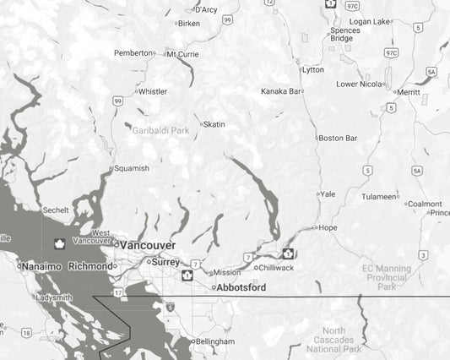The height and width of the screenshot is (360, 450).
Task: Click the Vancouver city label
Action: pos(148,245)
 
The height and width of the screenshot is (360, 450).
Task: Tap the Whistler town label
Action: pos(153,91)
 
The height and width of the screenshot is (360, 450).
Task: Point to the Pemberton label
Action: pos(133,53)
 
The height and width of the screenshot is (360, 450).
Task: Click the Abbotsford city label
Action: pos(241,288)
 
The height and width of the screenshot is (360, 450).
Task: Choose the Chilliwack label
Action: pos(275,268)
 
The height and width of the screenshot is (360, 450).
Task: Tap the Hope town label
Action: pos(328,227)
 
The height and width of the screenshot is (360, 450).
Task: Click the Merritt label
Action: pos(408,92)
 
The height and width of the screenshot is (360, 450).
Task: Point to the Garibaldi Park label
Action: pos(160,131)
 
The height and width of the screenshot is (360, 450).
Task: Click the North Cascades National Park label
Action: pos(333,340)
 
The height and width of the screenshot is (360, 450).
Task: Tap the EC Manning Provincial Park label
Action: pos(387,278)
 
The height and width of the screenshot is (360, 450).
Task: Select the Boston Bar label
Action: pos(338,138)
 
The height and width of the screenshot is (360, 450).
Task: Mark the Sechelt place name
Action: pos(56,210)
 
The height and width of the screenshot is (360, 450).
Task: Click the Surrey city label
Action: pos(165,262)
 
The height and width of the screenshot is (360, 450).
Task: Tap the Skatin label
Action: pos(214,124)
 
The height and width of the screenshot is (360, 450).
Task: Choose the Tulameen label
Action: pos(378,197)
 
